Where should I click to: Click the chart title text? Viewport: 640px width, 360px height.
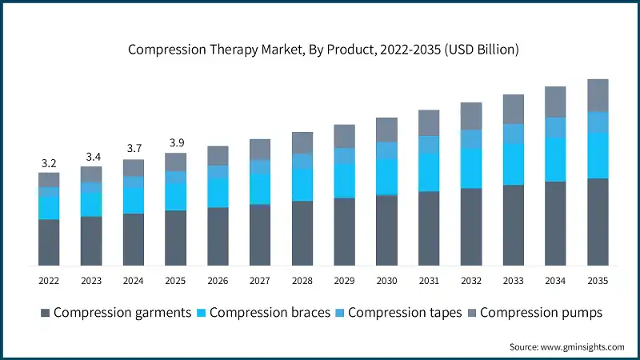[x=324, y=50]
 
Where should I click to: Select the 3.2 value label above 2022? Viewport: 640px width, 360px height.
[x=49, y=163]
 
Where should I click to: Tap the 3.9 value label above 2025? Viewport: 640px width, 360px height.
[x=175, y=143]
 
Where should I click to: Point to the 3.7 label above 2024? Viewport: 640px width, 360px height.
[x=133, y=150]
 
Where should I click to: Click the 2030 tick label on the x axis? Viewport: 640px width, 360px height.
[x=386, y=281]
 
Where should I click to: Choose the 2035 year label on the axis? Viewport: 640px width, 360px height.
[x=598, y=281]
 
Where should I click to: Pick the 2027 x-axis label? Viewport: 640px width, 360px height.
[x=259, y=281]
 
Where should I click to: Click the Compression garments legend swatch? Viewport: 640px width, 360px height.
[x=45, y=313]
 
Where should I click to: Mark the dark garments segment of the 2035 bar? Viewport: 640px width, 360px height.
[x=598, y=222]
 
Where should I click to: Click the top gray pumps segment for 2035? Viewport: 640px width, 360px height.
[x=598, y=95]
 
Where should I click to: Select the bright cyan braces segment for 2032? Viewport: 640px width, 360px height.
[x=471, y=168]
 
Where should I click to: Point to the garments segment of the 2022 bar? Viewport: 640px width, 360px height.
[x=49, y=242]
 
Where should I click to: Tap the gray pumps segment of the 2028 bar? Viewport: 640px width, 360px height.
[x=302, y=142]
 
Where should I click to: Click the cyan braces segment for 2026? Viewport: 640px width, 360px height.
[x=218, y=193]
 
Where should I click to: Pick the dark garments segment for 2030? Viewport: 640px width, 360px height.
[x=386, y=230]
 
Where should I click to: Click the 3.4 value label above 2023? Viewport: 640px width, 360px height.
[x=91, y=157]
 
